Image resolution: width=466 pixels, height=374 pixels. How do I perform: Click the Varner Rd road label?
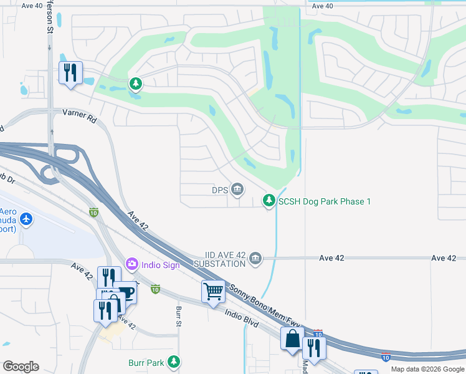[80, 115]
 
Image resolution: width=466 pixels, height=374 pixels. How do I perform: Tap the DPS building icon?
[237, 189]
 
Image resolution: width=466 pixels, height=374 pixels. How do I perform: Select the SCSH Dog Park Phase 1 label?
[325, 201]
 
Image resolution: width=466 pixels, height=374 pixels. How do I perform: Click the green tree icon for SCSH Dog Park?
[269, 200]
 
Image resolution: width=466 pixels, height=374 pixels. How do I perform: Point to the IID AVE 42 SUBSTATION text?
[226, 260]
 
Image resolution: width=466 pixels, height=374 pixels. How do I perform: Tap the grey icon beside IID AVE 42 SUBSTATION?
[255, 258]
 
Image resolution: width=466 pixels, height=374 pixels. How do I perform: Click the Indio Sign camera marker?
[131, 264]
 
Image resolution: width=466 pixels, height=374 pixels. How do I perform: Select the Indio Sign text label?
[161, 265]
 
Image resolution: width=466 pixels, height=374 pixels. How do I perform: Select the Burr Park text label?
[147, 362]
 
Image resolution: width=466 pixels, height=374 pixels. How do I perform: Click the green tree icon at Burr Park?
[174, 362]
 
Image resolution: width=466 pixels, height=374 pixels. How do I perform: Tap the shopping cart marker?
[213, 291]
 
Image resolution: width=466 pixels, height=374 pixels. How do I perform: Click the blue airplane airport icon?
[26, 219]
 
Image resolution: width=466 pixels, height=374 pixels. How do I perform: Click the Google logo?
[21, 367]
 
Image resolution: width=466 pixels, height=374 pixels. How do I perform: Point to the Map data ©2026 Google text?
[427, 369]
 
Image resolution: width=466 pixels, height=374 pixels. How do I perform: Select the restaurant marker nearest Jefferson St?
[70, 73]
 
